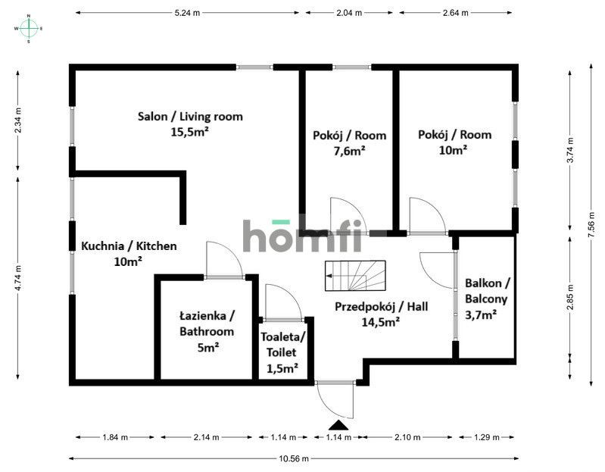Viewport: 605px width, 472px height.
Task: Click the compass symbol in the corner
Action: point(29,28)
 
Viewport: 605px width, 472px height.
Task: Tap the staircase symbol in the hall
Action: point(355,276)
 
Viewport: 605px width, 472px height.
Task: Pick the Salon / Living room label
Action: point(190,116)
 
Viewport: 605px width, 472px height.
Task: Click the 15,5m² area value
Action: point(190,131)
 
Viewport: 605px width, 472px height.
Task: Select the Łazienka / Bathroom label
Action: point(207,324)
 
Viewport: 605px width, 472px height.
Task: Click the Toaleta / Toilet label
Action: point(282,345)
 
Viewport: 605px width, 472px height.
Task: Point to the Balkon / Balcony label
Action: point(488,291)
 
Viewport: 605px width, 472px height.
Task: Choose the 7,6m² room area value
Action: point(349,150)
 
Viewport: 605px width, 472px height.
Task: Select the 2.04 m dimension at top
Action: point(348,13)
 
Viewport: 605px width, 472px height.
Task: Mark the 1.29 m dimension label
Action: point(487,437)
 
